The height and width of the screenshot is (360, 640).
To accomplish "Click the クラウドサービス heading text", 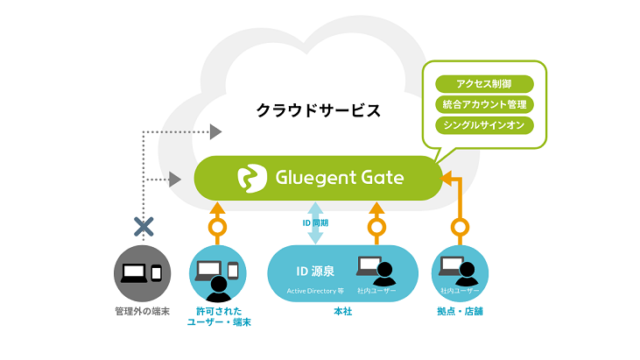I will point(318,111).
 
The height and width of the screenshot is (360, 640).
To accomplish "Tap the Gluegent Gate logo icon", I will point(251,177).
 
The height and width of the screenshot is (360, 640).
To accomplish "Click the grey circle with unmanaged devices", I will point(143,272).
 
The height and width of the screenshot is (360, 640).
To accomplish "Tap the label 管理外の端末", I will point(143,313).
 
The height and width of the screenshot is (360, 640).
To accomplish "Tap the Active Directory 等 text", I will point(313,291).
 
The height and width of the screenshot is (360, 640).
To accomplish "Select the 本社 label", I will point(341,313).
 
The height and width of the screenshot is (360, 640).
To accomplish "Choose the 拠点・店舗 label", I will point(461,313).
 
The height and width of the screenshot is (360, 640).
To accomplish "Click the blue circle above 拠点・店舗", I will point(461,272).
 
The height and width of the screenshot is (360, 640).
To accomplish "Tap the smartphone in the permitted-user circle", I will point(233,270).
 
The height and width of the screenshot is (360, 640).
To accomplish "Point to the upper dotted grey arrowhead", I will point(215,131).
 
